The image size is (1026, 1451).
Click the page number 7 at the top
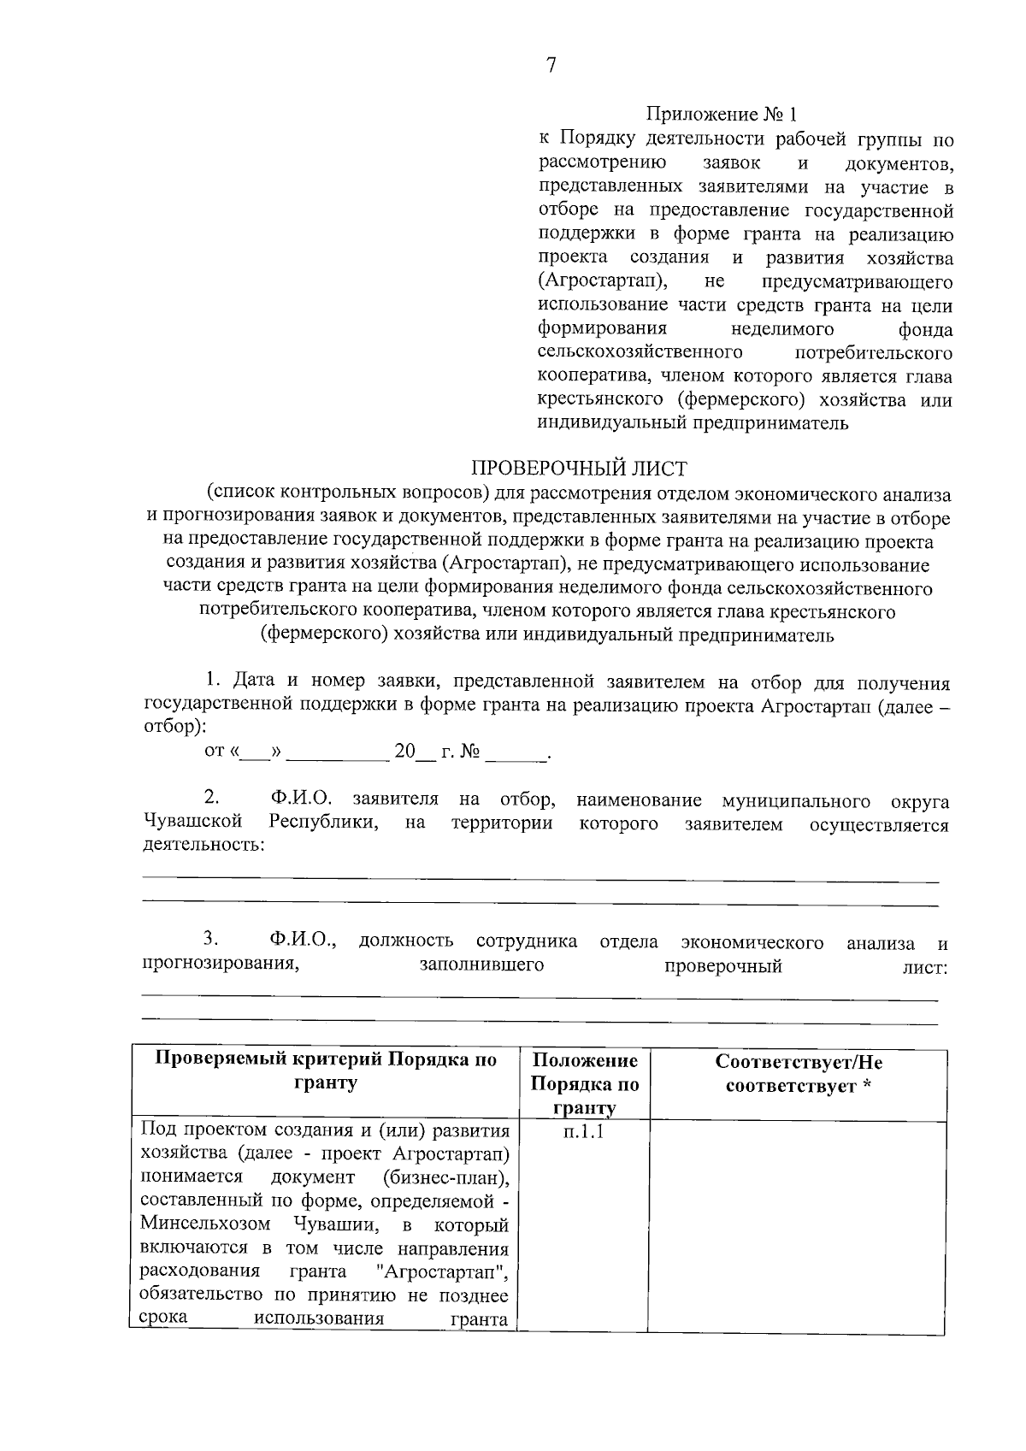click(x=550, y=66)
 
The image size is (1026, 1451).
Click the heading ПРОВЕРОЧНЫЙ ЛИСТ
click(x=579, y=469)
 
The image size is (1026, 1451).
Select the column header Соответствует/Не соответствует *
click(x=799, y=1075)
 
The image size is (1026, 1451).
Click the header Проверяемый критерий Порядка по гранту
click(x=326, y=1071)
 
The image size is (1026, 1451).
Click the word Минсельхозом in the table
click(x=205, y=1224)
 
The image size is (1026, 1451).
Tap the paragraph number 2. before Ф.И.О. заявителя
click(x=211, y=799)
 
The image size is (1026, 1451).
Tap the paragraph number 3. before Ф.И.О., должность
click(x=211, y=941)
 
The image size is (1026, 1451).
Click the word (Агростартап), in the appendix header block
click(x=604, y=281)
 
